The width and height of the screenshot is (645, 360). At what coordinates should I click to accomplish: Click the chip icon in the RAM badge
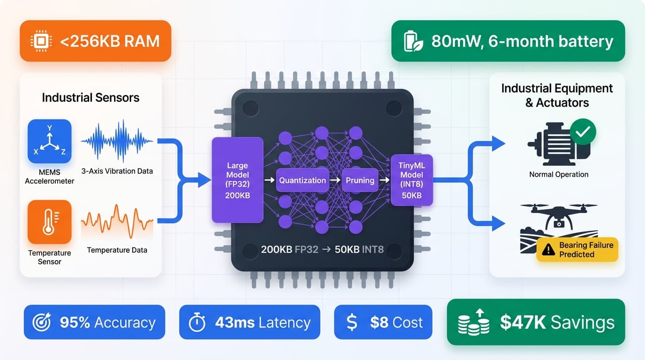40,41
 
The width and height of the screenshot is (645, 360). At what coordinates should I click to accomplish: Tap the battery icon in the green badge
413,41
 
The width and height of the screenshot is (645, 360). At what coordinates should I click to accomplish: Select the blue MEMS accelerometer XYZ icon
50,141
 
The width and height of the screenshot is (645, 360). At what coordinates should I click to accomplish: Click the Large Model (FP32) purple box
237,180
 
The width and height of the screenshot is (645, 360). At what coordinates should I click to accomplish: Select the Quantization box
302,180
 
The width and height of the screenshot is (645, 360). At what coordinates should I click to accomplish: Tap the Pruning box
360,180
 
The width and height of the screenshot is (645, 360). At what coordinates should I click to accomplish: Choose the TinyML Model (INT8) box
412,180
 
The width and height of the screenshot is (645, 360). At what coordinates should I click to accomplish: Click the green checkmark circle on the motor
583,131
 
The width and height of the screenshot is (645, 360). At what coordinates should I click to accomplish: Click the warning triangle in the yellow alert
548,250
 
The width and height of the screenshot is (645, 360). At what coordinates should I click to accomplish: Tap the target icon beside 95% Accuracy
41,322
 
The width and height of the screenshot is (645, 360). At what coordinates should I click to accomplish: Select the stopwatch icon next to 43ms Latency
197,322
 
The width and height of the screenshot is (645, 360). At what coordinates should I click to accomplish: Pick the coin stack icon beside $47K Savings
473,322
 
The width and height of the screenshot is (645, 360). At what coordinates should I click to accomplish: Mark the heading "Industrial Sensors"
90,97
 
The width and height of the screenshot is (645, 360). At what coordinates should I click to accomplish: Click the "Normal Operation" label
559,174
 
